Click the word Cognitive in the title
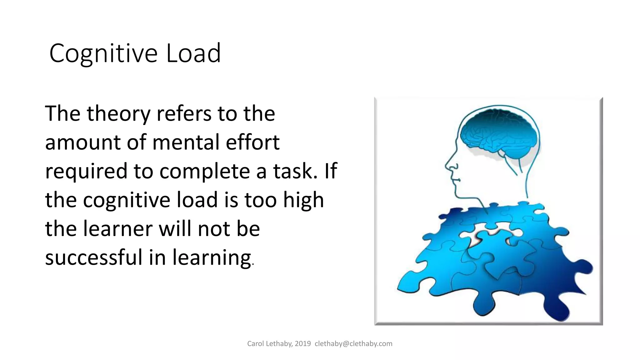pyautogui.click(x=103, y=54)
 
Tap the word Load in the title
pyautogui.click(x=193, y=53)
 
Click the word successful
pyautogui.click(x=94, y=258)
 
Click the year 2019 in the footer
pyautogui.click(x=302, y=344)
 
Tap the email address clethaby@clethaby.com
pyautogui.click(x=353, y=344)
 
